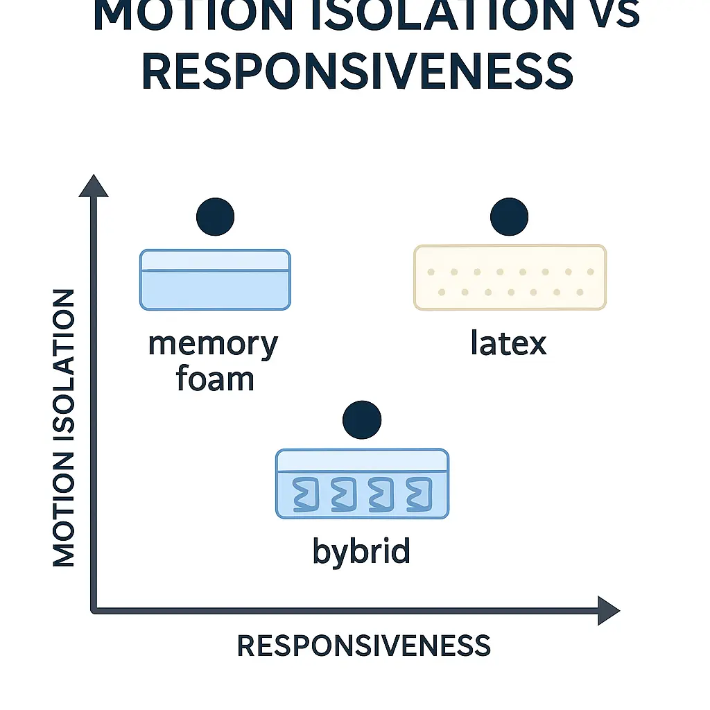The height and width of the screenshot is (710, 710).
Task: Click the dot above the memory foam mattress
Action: [x=215, y=216]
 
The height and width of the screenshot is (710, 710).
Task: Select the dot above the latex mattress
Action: [x=510, y=216]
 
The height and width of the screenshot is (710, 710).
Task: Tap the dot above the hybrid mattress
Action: [x=362, y=419]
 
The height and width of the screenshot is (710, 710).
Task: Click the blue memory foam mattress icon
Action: [x=215, y=279]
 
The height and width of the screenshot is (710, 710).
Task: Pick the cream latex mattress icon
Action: [x=510, y=277]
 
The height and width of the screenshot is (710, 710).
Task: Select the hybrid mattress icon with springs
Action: [x=362, y=483]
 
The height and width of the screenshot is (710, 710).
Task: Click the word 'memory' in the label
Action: [x=213, y=344]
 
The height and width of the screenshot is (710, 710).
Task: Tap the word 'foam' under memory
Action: [x=215, y=379]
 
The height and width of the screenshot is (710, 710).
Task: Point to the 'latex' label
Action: [x=508, y=344]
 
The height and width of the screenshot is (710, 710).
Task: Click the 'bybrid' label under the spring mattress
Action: [x=361, y=551]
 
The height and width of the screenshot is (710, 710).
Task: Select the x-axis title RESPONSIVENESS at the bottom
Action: [x=363, y=646]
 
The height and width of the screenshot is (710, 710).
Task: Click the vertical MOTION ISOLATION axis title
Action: [x=64, y=428]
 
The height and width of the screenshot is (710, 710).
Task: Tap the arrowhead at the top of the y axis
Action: [x=94, y=186]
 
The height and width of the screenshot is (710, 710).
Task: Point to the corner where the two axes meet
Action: [x=95, y=609]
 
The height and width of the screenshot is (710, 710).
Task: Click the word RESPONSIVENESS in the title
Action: [x=357, y=72]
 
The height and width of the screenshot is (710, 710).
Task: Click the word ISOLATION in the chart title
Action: [x=431, y=15]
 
